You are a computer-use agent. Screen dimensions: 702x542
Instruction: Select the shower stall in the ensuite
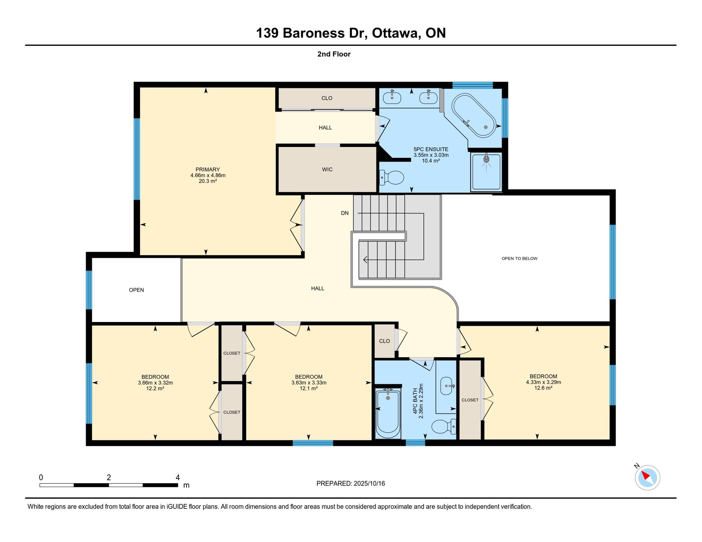pos(486,172)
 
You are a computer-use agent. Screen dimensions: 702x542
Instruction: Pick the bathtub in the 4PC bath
pos(388,413)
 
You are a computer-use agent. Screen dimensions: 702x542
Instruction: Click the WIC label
pos(327,169)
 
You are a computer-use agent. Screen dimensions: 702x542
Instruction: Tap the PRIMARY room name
pos(208,169)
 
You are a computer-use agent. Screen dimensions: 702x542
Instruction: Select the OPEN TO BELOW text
pos(519,259)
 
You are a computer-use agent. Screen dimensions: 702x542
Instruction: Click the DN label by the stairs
pos(345,213)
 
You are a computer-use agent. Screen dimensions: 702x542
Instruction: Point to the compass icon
pos(647,477)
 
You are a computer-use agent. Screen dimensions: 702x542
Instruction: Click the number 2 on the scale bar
pos(109,477)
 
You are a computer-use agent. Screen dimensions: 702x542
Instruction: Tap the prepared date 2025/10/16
pos(369,483)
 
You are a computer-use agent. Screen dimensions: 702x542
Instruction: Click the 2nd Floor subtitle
pos(334,54)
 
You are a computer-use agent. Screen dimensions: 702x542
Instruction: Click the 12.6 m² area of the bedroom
pos(543,388)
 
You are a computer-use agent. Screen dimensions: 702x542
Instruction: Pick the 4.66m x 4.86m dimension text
pos(208,175)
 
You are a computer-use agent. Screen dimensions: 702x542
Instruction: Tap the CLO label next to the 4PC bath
pos(384,341)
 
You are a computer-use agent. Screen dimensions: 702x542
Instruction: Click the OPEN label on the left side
pos(136,290)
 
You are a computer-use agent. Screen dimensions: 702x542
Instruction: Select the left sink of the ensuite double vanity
pos(392,97)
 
